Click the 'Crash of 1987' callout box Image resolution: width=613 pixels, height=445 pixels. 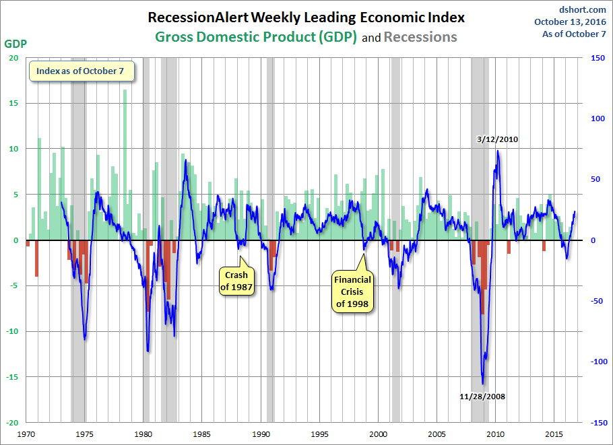pyautogui.click(x=236, y=281)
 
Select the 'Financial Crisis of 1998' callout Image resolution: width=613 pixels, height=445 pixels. pyautogui.click(x=352, y=292)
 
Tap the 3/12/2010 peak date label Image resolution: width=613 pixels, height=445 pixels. pyautogui.click(x=497, y=139)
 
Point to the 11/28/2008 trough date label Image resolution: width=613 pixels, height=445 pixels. pyautogui.click(x=482, y=397)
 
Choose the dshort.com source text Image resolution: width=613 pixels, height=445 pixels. pyautogui.click(x=583, y=9)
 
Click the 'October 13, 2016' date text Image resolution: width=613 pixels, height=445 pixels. pyautogui.click(x=570, y=22)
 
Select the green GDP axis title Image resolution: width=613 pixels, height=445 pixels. pyautogui.click(x=15, y=44)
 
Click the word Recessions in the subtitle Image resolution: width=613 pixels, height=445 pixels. pyautogui.click(x=420, y=37)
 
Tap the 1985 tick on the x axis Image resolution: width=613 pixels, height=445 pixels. pyautogui.click(x=201, y=434)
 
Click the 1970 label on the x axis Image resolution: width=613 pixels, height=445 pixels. pyautogui.click(x=26, y=434)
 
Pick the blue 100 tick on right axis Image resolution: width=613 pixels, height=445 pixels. pyautogui.click(x=598, y=118)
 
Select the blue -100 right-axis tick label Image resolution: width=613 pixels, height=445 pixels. pyautogui.click(x=599, y=362)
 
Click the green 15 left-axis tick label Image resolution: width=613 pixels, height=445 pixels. pyautogui.click(x=13, y=103)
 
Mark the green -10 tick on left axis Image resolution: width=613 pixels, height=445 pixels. pyautogui.click(x=12, y=331)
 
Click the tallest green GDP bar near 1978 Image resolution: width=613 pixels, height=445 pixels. pyautogui.click(x=125, y=165)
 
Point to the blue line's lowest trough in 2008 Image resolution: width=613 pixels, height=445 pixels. pyautogui.click(x=483, y=384)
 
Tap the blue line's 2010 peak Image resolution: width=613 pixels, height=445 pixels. pyautogui.click(x=497, y=151)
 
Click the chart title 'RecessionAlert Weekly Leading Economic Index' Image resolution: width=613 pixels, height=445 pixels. pyautogui.click(x=306, y=18)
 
